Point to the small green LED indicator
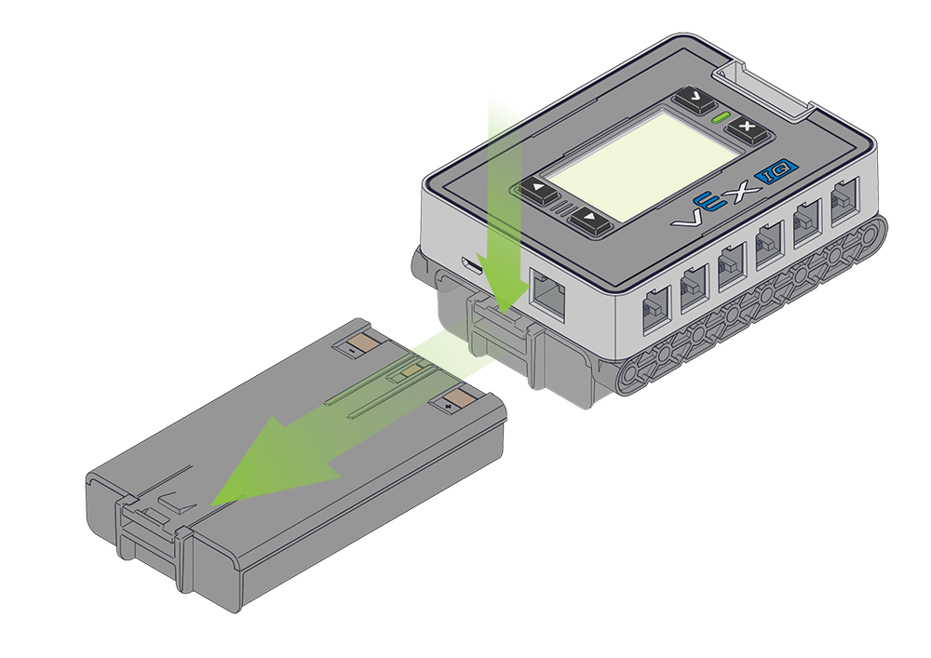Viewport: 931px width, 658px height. (x=720, y=118)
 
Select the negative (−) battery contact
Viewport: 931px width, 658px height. (x=355, y=345)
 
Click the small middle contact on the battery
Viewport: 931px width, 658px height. (x=406, y=373)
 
